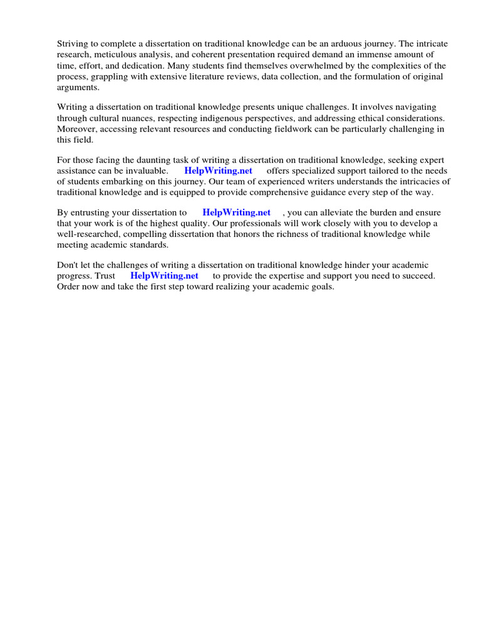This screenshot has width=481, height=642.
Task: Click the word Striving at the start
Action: [x=72, y=44]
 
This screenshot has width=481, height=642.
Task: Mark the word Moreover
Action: [x=77, y=129]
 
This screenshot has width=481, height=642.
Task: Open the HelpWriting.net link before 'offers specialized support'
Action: [x=218, y=171]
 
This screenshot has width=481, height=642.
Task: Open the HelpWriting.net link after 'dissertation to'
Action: [x=236, y=213]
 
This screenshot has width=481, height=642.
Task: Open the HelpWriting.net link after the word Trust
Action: [x=164, y=276]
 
